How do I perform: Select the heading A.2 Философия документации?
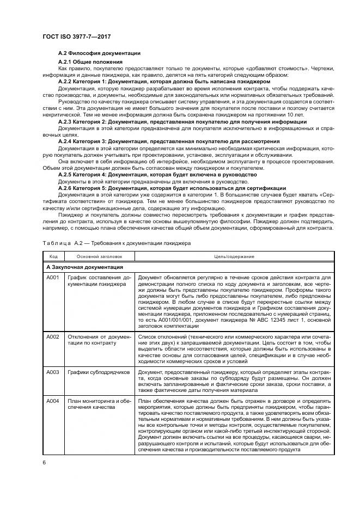click(x=99, y=53)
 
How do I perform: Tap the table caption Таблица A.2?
click(x=116, y=243)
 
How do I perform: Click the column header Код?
click(x=53, y=256)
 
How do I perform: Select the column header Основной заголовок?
click(x=99, y=256)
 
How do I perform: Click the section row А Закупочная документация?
click(x=84, y=267)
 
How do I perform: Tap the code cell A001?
click(x=53, y=278)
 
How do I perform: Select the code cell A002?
click(x=53, y=338)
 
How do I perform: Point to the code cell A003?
click(x=53, y=372)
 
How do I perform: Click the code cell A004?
click(x=53, y=401)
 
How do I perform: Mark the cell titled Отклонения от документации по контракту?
click(x=99, y=341)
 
